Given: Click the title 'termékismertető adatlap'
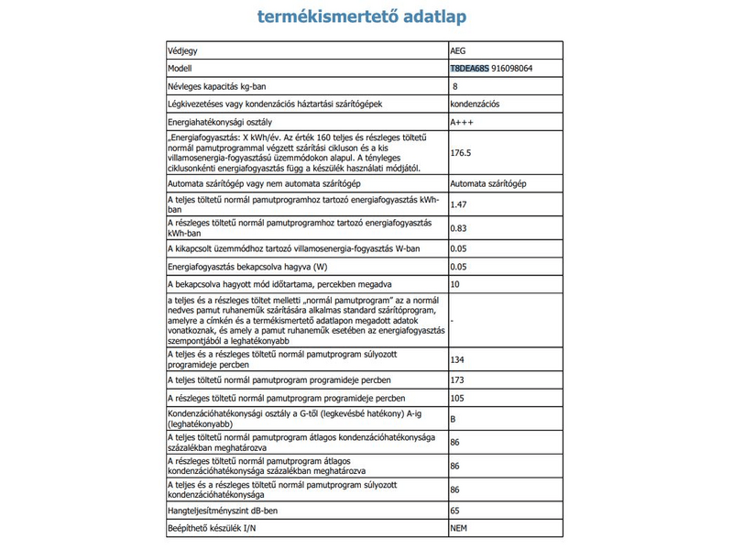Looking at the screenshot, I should [366, 17].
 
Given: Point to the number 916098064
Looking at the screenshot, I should [518, 69].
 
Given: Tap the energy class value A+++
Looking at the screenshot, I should [461, 122].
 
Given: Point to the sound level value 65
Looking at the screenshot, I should [455, 511].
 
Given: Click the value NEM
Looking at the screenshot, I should [459, 529].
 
